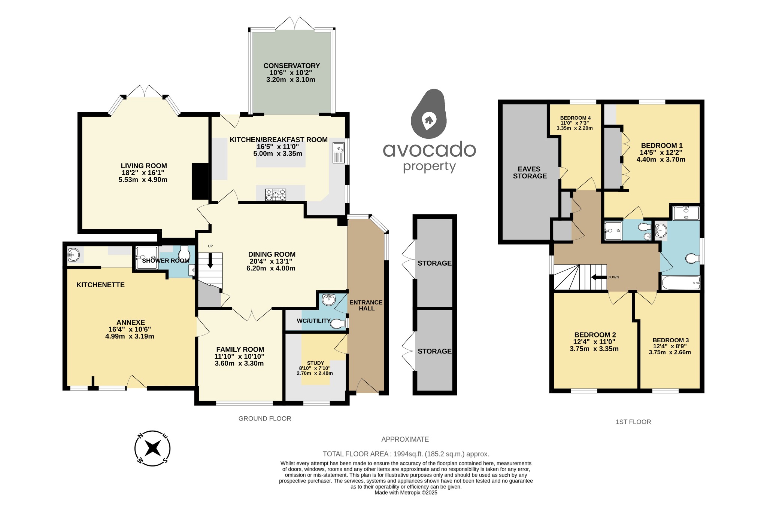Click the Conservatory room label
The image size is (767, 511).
click(x=291, y=66)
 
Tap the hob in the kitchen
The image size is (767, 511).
click(x=276, y=195)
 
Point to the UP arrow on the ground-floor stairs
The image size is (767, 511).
click(x=210, y=261)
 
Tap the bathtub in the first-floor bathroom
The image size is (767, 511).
click(x=680, y=283)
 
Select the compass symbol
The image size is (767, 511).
click(x=152, y=448)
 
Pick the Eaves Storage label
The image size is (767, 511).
click(x=530, y=172)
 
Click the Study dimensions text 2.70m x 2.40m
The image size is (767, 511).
click(x=315, y=373)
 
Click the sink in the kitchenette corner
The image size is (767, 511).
click(x=73, y=255)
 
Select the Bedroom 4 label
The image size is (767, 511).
click(x=575, y=118)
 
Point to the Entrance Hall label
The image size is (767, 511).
click(x=366, y=305)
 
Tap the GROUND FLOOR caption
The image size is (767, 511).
click(x=265, y=419)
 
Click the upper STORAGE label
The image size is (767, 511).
click(x=434, y=263)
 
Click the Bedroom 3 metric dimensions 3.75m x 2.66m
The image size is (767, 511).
click(x=670, y=352)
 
